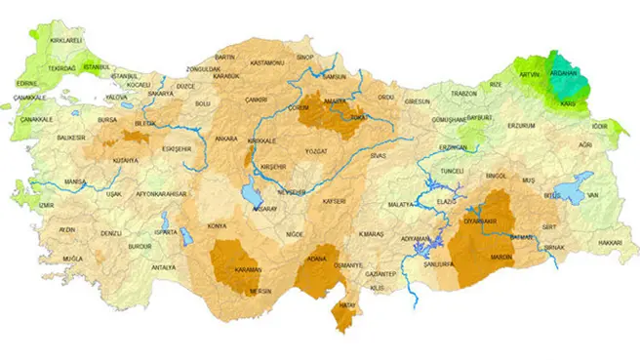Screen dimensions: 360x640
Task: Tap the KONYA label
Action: (x=217, y=225)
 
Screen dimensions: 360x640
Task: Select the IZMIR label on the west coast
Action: (x=46, y=206)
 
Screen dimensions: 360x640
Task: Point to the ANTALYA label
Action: (x=163, y=266)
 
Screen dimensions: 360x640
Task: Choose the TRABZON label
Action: (x=461, y=94)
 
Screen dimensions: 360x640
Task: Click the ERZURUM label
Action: (x=523, y=125)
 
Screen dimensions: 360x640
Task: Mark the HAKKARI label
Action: (x=610, y=242)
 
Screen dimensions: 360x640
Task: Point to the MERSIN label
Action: (x=259, y=290)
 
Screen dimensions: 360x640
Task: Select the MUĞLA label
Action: (x=71, y=259)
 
